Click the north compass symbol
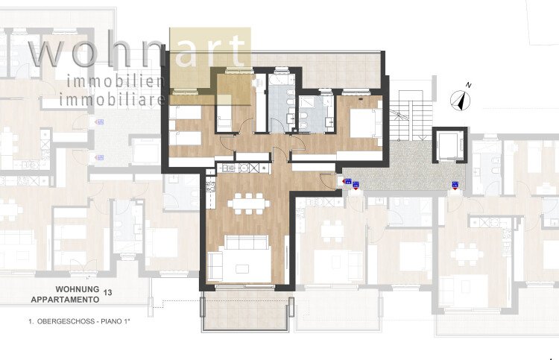tap(461, 101)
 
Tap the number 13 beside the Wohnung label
tap(107, 293)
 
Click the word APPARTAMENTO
tap(65, 300)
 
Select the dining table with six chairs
tap(249, 204)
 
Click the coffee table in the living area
tap(242, 268)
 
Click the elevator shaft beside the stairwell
tap(449, 145)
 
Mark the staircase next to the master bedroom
tap(405, 116)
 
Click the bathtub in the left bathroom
tap(281, 80)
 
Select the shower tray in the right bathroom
tap(309, 107)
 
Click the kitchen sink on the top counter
tap(244, 167)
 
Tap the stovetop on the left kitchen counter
tap(210, 186)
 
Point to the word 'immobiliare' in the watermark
tap(112, 99)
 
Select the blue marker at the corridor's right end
tap(455, 186)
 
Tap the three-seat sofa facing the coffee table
tap(247, 242)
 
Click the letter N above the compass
tap(469, 85)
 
